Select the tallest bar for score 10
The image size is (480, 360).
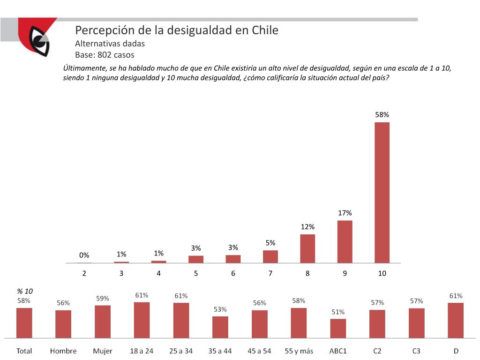[382, 192]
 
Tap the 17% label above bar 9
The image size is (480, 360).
[345, 213]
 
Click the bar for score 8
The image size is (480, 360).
[307, 248]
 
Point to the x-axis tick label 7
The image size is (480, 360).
[270, 273]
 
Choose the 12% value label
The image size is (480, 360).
[307, 227]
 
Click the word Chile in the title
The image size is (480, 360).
[265, 30]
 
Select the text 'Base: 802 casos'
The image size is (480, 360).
[105, 55]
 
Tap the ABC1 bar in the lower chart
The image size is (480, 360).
[338, 328]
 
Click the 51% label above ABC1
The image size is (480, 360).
[338, 312]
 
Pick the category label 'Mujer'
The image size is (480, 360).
[103, 351]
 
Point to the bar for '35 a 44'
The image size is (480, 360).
[220, 327]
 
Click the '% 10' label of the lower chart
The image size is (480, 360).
[25, 291]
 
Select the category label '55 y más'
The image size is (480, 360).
[299, 351]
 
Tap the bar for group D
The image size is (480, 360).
[456, 320]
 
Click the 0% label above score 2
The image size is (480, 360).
[84, 255]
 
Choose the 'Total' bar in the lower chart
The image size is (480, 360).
[24, 322]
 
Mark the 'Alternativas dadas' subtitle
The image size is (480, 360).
[110, 44]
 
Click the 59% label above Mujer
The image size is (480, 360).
[103, 298]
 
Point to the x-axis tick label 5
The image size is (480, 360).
[196, 273]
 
